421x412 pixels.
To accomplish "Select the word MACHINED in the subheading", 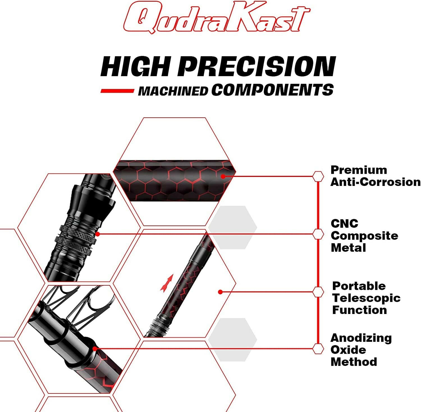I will coord(173,91).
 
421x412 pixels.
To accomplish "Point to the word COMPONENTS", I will coord(272,90).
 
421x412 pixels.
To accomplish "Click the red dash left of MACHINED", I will coord(117,91).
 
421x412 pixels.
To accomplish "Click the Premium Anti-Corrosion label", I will coord(375,176).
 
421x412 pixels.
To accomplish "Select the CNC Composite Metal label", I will coord(364,236).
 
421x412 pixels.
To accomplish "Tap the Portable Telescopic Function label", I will coord(366,298).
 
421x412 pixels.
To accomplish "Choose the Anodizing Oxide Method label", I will coord(361,350).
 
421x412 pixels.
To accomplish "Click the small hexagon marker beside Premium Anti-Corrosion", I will coord(318,177).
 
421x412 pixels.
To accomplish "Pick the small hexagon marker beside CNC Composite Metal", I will coord(318,234).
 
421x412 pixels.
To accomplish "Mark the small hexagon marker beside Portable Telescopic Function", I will coord(318,292).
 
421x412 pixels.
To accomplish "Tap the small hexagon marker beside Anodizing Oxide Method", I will coord(318,349).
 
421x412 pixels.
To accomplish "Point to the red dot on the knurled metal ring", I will coord(97,234).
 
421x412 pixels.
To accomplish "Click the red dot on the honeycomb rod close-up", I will coord(223,176).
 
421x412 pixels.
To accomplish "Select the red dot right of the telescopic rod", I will coord(220,292).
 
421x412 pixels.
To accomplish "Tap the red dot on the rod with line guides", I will coord(95,349).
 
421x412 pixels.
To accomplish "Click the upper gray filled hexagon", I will coord(233,227).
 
